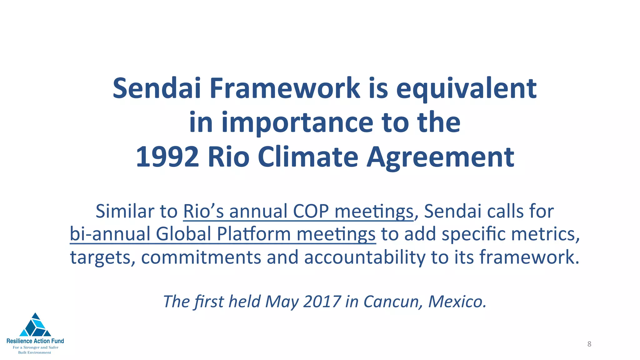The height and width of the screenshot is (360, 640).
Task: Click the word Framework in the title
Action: (285, 88)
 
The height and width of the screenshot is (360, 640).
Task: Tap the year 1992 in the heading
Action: (167, 157)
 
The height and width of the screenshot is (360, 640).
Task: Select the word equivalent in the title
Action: (466, 88)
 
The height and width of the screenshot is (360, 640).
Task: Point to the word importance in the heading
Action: (297, 123)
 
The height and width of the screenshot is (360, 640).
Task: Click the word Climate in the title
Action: (308, 157)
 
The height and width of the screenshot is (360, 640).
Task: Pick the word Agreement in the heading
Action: (440, 157)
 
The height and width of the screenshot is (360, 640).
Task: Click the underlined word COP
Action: (311, 211)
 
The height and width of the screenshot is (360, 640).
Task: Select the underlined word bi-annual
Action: (110, 234)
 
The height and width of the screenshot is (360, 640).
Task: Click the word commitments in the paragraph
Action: (201, 257)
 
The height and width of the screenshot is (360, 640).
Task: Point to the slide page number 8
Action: (589, 344)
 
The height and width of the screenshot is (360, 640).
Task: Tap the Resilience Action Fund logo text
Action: (35, 341)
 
